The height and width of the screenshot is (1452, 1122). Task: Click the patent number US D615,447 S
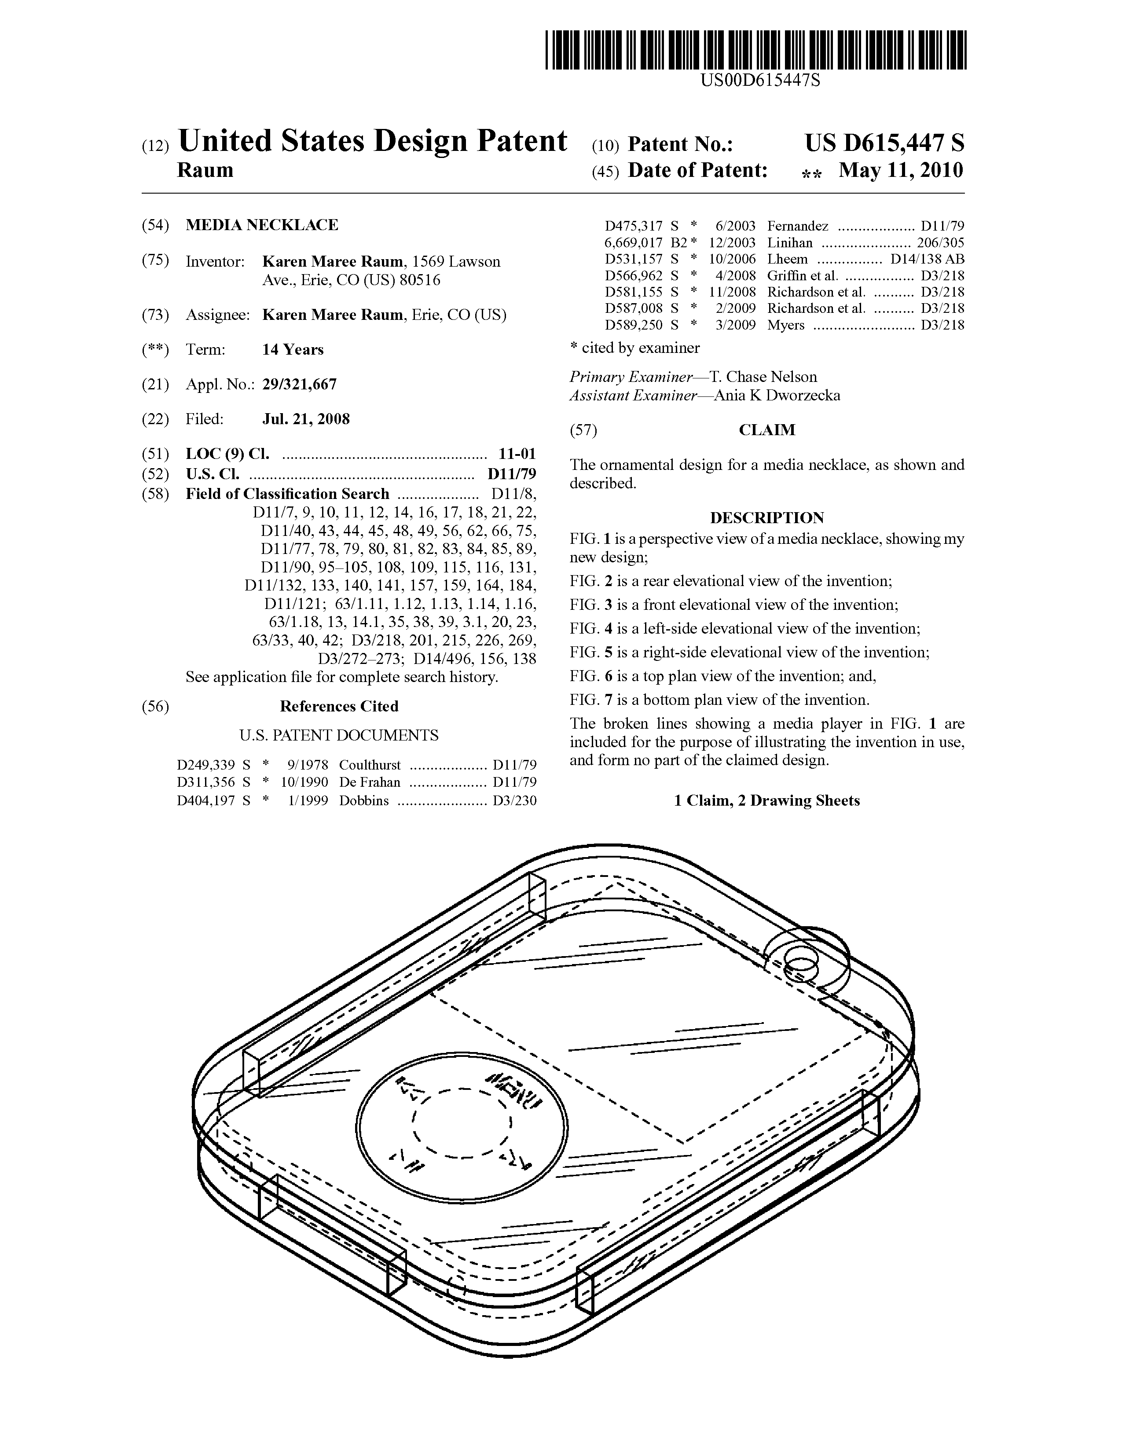[884, 143]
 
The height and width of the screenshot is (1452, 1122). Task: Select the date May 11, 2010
[901, 170]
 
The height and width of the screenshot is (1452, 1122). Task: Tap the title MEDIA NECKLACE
[262, 225]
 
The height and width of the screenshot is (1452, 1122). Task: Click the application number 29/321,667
[299, 384]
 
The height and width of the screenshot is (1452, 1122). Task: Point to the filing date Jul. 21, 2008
[306, 419]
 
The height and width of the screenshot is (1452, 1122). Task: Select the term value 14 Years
[293, 350]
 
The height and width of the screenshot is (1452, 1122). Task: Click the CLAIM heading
[767, 430]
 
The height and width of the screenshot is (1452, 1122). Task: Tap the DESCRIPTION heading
[767, 517]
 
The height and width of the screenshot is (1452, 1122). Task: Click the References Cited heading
[339, 706]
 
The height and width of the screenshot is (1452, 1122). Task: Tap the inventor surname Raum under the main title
[205, 170]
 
